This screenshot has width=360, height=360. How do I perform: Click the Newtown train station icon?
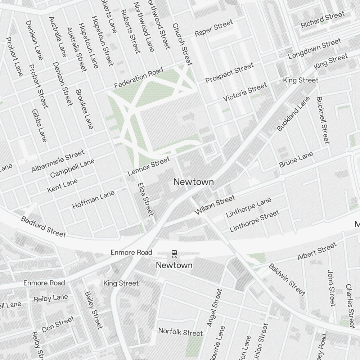(174, 254)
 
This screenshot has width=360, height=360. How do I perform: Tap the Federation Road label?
(139, 78)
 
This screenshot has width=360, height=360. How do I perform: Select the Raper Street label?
(213, 28)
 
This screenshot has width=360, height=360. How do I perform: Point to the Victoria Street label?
(245, 92)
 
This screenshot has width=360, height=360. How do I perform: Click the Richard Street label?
(323, 20)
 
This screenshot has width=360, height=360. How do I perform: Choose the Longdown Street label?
(314, 50)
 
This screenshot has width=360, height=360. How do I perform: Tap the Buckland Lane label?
(293, 114)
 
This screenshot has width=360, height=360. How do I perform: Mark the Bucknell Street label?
(323, 120)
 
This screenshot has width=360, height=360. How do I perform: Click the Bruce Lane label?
(296, 159)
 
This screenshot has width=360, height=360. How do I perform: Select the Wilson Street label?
(215, 205)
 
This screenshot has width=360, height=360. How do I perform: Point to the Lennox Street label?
(148, 167)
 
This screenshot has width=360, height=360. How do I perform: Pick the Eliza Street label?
(145, 199)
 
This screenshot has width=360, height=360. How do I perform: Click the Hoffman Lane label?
(93, 199)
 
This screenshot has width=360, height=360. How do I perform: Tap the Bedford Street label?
(44, 226)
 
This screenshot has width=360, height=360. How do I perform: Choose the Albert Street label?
(317, 251)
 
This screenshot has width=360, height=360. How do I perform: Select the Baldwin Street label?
(287, 279)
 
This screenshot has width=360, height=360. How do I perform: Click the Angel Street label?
(215, 307)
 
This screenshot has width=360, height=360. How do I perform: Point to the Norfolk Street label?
(181, 332)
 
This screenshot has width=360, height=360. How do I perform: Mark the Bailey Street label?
(94, 310)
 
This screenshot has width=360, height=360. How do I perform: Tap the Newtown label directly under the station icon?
(174, 265)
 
